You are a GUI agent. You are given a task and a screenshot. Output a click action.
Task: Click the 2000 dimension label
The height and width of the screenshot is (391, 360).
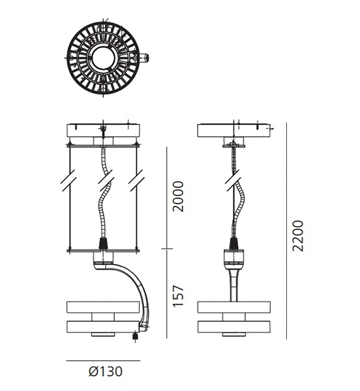[x=179, y=197]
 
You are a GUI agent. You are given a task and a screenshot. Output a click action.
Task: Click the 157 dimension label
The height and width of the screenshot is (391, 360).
[x=179, y=296]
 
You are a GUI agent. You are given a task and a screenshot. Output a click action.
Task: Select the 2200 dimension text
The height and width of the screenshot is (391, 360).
[x=298, y=236]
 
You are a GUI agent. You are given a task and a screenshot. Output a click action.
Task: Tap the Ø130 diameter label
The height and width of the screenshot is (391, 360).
[x=106, y=371]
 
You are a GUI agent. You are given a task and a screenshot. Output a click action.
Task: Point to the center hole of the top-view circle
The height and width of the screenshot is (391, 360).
[x=104, y=59]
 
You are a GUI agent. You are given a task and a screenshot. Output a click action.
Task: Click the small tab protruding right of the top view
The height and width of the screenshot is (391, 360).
[x=143, y=58]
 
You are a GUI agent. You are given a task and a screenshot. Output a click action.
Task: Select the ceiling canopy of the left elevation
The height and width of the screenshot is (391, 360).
[x=103, y=130]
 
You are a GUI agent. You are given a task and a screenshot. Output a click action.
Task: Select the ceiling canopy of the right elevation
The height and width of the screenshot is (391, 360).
[x=233, y=130]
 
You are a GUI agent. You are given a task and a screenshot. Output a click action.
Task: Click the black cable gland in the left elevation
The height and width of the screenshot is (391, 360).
[x=103, y=243]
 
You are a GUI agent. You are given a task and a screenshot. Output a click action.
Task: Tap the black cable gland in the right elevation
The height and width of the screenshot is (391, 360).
[x=233, y=243]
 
